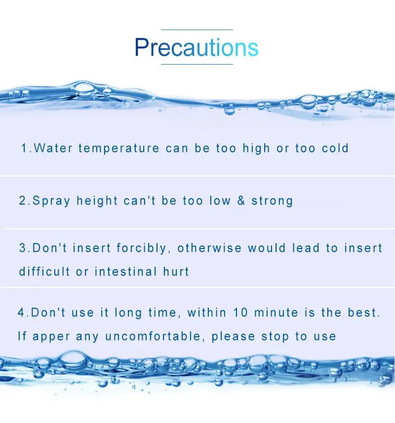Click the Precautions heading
tap(197, 47)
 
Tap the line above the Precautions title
tap(197, 30)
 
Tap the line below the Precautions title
tap(197, 64)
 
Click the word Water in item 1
tap(53, 148)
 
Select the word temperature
tap(119, 149)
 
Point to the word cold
tap(335, 148)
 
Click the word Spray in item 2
tap(51, 201)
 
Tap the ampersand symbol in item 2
tap(241, 201)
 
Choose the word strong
tap(272, 201)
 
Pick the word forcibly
tap(142, 248)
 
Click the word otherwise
tap(209, 248)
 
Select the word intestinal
tap(125, 271)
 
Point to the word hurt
tap(176, 271)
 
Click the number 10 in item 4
tap(240, 313)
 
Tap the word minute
tap(276, 313)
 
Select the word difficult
tap(44, 271)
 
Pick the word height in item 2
tap(97, 201)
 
